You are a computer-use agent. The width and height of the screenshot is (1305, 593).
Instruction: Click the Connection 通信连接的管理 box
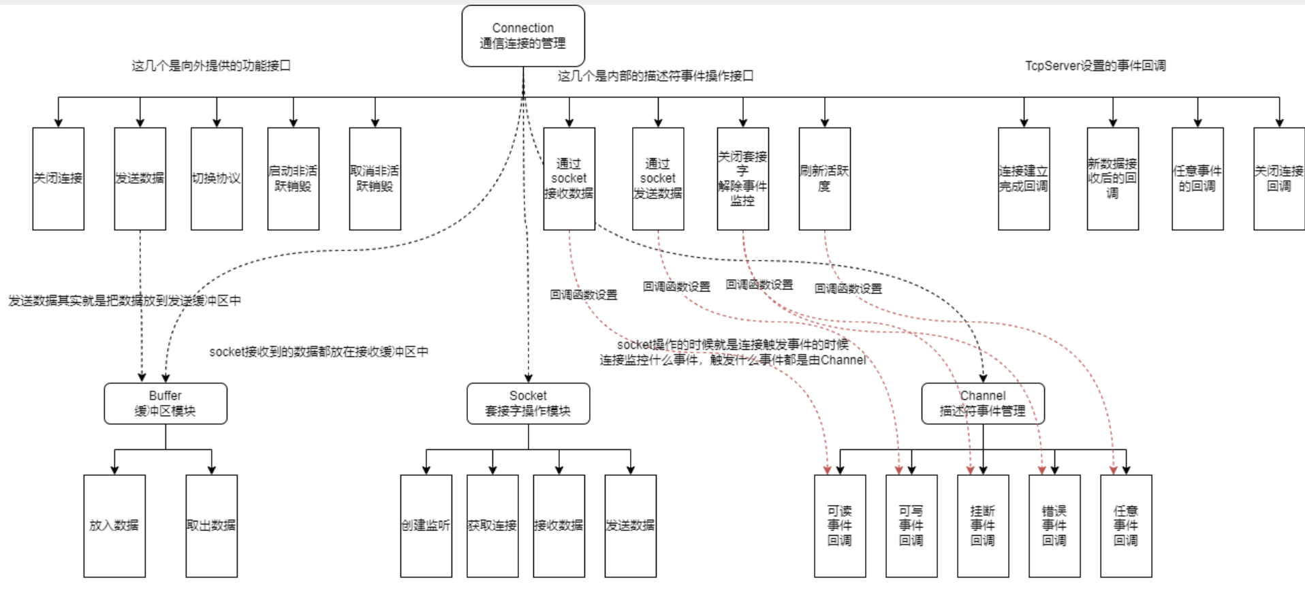coord(523,36)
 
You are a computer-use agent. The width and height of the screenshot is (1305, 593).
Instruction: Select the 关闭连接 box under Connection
coord(59,178)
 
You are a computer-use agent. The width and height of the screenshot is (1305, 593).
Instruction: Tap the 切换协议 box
coord(217,178)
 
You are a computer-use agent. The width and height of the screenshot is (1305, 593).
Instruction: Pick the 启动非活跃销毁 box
coord(293,178)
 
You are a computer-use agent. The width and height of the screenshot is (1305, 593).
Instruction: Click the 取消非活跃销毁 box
coord(375,178)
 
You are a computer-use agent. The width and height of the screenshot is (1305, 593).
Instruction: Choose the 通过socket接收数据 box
coord(569,178)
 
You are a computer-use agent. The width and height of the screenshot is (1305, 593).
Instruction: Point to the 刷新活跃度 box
coord(824,178)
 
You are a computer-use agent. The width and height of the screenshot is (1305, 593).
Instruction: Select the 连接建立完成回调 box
coord(1024,178)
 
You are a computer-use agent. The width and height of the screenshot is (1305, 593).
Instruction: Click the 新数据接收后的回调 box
coord(1112,178)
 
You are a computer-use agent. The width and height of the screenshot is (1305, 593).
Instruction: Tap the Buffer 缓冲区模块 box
coord(166,403)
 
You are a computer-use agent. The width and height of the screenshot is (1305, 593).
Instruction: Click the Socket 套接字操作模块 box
coord(528,403)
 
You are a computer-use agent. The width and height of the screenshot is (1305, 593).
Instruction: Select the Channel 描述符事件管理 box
coord(983,403)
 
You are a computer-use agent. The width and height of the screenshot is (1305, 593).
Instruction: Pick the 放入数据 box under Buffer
coord(114,526)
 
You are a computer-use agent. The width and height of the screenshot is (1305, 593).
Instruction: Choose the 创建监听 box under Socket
coord(426,526)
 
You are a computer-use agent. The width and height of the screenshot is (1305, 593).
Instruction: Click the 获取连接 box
coord(492,526)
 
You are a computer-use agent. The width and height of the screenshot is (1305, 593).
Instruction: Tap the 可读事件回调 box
coord(840,526)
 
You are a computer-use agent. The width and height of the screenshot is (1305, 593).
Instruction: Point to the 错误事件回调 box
coord(1054,526)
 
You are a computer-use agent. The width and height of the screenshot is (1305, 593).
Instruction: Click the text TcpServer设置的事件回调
coord(1095,65)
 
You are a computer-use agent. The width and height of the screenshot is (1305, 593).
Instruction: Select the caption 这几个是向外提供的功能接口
coord(211,65)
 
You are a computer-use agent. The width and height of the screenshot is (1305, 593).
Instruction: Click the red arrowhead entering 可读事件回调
coord(828,470)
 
